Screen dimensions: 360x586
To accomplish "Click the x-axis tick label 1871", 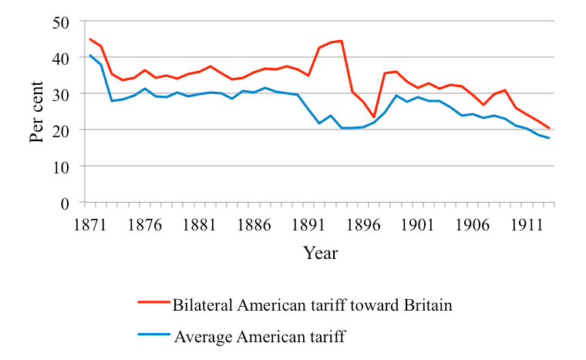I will click(91, 226).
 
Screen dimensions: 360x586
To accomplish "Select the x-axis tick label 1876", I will click(145, 226).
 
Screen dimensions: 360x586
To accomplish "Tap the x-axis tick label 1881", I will click(199, 226).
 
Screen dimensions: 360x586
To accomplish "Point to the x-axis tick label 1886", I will click(253, 226).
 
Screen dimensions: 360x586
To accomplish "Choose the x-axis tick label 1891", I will click(307, 226).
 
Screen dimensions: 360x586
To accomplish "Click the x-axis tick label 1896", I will click(361, 226).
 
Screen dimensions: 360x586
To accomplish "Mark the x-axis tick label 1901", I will click(415, 226).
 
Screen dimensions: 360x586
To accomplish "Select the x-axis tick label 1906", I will click(469, 226).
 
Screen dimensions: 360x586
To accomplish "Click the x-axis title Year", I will click(320, 253).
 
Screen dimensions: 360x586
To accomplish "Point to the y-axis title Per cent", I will click(37, 113).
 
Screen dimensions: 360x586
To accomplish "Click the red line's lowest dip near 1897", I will click(373, 117).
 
